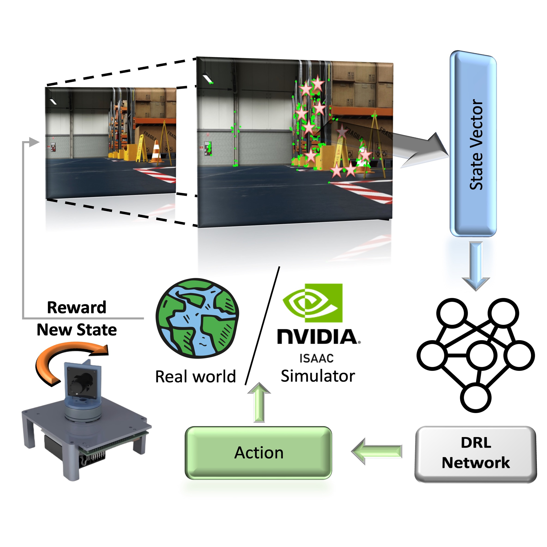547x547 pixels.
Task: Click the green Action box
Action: [258, 453]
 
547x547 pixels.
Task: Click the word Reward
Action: [77, 307]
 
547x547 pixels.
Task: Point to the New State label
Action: [77, 330]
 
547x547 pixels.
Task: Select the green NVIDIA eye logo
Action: [313, 303]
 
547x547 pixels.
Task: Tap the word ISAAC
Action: [317, 359]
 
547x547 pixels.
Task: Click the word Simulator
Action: [318, 376]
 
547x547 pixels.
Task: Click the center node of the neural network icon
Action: [481, 355]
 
